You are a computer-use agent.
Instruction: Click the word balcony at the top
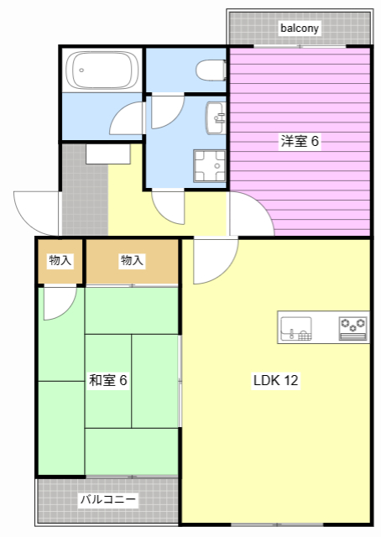300,29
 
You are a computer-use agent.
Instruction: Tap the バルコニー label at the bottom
108,499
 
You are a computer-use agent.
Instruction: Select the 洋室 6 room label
300,142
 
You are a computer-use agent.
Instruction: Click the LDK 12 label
276,380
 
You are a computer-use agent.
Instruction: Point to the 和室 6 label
108,380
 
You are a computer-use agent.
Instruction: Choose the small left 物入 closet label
60,261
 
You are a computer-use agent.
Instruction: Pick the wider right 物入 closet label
132,261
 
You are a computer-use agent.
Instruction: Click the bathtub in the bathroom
102,70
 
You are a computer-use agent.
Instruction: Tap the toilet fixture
210,69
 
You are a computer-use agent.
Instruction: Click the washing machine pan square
210,166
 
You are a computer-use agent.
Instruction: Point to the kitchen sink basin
295,328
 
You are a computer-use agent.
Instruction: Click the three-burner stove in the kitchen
353,326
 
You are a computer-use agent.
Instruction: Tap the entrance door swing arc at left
35,213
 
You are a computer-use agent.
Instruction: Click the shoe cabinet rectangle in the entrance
108,154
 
